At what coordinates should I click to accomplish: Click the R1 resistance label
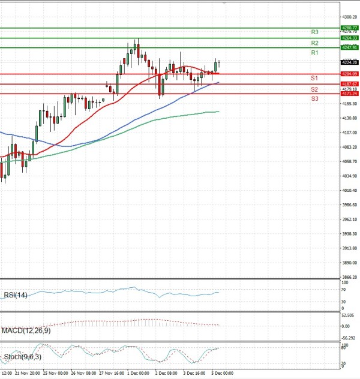[314, 53]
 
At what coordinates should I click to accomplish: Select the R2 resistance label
[314, 44]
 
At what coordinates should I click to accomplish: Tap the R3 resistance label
[314, 32]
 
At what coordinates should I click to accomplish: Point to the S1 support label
[314, 79]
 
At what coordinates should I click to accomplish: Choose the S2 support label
[314, 89]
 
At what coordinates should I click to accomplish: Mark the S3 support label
[314, 98]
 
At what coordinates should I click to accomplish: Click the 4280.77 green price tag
[349, 28]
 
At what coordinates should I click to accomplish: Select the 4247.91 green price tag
[349, 47]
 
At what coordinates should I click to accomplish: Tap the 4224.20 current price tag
[349, 62]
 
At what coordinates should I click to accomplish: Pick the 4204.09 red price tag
[349, 74]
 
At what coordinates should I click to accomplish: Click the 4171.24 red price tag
[349, 94]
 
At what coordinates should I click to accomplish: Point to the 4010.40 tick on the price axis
[349, 191]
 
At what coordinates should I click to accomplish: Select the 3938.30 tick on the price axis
[349, 234]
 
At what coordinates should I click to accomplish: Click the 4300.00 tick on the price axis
[349, 17]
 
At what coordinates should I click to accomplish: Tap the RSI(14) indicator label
[16, 294]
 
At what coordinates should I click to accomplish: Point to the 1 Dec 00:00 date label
[138, 373]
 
